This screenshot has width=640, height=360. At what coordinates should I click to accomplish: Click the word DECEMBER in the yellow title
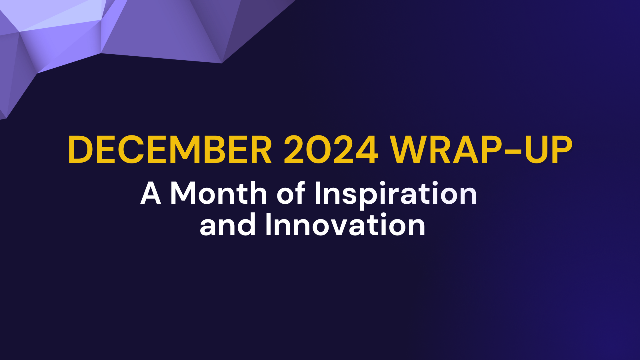170,150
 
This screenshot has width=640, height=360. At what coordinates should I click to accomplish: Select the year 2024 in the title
331,150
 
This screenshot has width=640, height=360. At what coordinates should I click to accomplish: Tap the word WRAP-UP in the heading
481,150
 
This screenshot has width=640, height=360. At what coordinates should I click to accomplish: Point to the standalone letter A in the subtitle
151,194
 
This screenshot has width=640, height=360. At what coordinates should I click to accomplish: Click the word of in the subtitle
291,194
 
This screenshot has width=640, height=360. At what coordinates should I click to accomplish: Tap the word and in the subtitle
227,225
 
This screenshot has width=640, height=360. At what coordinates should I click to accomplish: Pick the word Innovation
345,225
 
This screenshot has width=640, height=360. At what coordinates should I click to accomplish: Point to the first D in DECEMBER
81,150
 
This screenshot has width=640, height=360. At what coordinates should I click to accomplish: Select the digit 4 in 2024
367,150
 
